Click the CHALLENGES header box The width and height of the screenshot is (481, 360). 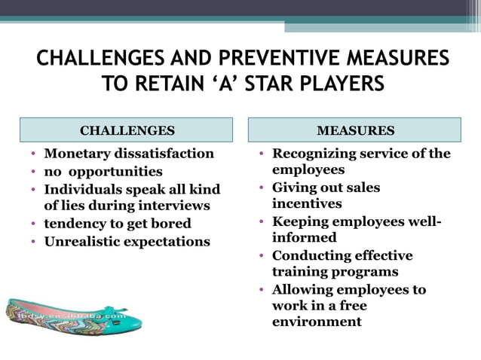tap(127, 130)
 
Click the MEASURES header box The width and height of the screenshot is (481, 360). tap(355, 130)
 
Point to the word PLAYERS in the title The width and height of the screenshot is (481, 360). tap(339, 82)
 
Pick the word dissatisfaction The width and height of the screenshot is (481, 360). tap(165, 154)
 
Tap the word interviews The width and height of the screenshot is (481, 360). tap(170, 205)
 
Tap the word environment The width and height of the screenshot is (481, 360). tap(317, 322)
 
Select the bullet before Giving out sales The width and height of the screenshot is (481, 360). tap(262, 188)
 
